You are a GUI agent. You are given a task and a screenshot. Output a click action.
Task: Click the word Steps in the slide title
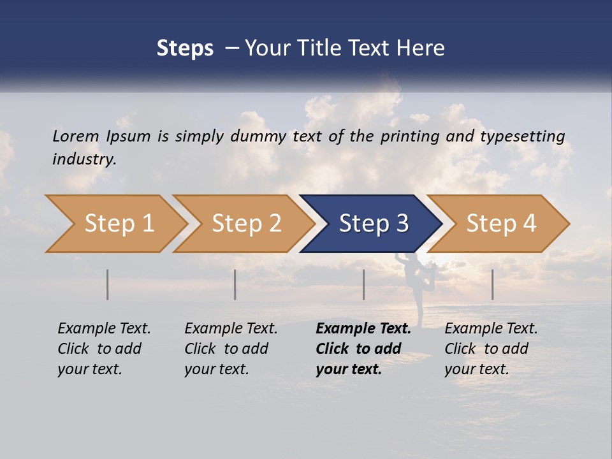point(185,48)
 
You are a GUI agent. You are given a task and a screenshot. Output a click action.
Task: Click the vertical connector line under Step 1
point(108,284)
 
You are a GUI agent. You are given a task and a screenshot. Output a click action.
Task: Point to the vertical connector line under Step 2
point(235,284)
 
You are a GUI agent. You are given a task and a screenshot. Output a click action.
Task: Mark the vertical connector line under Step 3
point(364,284)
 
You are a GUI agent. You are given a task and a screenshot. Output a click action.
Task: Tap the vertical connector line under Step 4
point(492,284)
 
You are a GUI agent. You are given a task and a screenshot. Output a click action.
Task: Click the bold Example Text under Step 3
point(363,349)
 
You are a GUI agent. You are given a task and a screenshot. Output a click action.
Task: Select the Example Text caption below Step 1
point(104,349)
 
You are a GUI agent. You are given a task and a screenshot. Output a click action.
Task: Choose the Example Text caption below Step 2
point(231,349)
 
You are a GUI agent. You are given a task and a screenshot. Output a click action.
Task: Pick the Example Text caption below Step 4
point(491,349)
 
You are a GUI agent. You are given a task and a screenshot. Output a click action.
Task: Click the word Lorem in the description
point(75,136)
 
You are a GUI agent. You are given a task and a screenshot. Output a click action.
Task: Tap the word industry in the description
point(84,159)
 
